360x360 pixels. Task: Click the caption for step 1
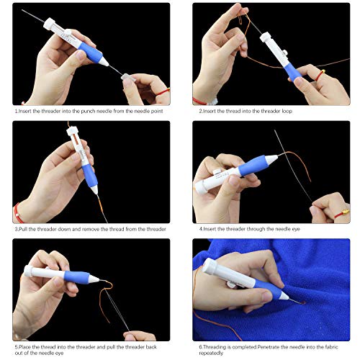pyautogui.click(x=89, y=111)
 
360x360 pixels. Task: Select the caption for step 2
pyautogui.click(x=246, y=111)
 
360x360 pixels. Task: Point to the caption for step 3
pyautogui.click(x=91, y=229)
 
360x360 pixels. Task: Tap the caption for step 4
pyautogui.click(x=249, y=229)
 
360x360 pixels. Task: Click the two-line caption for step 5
pyautogui.click(x=86, y=350)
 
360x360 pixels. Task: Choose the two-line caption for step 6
pyautogui.click(x=269, y=350)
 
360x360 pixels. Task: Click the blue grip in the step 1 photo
pyautogui.click(x=91, y=53)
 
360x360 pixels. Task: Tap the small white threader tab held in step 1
pyautogui.click(x=126, y=77)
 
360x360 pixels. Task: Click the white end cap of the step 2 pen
pyautogui.click(x=266, y=37)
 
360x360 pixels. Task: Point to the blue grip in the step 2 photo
pyautogui.click(x=292, y=72)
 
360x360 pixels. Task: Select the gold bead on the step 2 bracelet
pyautogui.click(x=323, y=71)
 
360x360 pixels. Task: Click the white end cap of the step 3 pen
pyautogui.click(x=72, y=131)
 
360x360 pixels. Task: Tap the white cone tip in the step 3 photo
pyautogui.click(x=94, y=189)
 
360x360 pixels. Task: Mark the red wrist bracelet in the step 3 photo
pyautogui.click(x=18, y=212)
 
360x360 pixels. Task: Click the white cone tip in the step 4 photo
pyautogui.click(x=271, y=159)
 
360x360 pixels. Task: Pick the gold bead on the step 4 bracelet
pyautogui.click(x=345, y=212)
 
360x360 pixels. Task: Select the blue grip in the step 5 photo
pyautogui.click(x=77, y=277)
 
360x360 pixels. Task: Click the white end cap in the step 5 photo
pyautogui.click(x=28, y=271)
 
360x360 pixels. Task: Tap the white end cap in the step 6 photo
pyautogui.click(x=210, y=265)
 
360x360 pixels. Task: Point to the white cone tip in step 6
pyautogui.click(x=284, y=296)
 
